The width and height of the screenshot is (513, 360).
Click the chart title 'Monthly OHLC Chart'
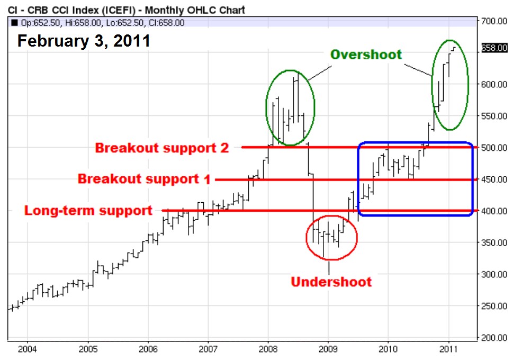coord(195,10)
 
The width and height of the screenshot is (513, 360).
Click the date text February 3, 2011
coord(84,41)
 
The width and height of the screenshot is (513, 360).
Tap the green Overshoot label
coord(366,55)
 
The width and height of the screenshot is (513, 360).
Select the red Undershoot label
coord(331,282)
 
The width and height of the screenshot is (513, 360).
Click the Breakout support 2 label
coord(162,148)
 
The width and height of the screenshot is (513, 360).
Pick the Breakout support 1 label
coord(144,179)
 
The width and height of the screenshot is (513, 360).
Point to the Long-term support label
coord(88,210)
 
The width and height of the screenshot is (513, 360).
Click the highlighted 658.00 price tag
coord(494,48)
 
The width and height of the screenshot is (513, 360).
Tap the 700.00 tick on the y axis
coord(494,21)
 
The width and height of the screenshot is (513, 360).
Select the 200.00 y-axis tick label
coord(494,337)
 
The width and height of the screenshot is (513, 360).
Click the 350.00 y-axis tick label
coord(494,242)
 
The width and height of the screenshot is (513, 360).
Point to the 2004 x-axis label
coord(28,349)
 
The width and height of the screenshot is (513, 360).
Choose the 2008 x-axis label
coord(268,349)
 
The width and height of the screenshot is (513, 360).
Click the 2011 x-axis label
coord(448,349)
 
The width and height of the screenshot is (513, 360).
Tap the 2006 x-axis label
coord(148,349)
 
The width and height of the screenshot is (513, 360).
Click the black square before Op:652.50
coord(14,23)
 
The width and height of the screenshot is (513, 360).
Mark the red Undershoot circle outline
coord(306,238)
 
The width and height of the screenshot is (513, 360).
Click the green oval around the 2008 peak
coord(266,107)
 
